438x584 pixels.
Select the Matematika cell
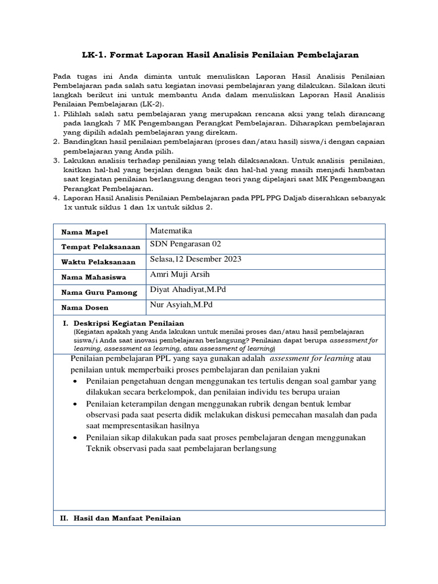[x=171, y=231]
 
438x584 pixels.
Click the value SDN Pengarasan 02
[x=185, y=244]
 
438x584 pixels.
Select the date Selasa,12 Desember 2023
[x=195, y=259]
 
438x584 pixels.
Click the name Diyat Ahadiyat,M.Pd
[x=188, y=289]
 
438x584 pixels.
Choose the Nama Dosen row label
[x=85, y=307]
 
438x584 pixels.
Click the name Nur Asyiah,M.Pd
[x=182, y=305]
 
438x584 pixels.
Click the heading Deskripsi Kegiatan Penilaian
[x=125, y=323]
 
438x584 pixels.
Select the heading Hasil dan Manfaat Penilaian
[x=126, y=518]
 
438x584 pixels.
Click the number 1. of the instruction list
[x=56, y=114]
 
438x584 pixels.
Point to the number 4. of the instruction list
[x=56, y=198]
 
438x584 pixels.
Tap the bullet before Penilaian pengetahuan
[x=76, y=382]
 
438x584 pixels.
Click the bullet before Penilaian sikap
[x=76, y=437]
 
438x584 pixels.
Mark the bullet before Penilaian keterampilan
[x=76, y=404]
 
